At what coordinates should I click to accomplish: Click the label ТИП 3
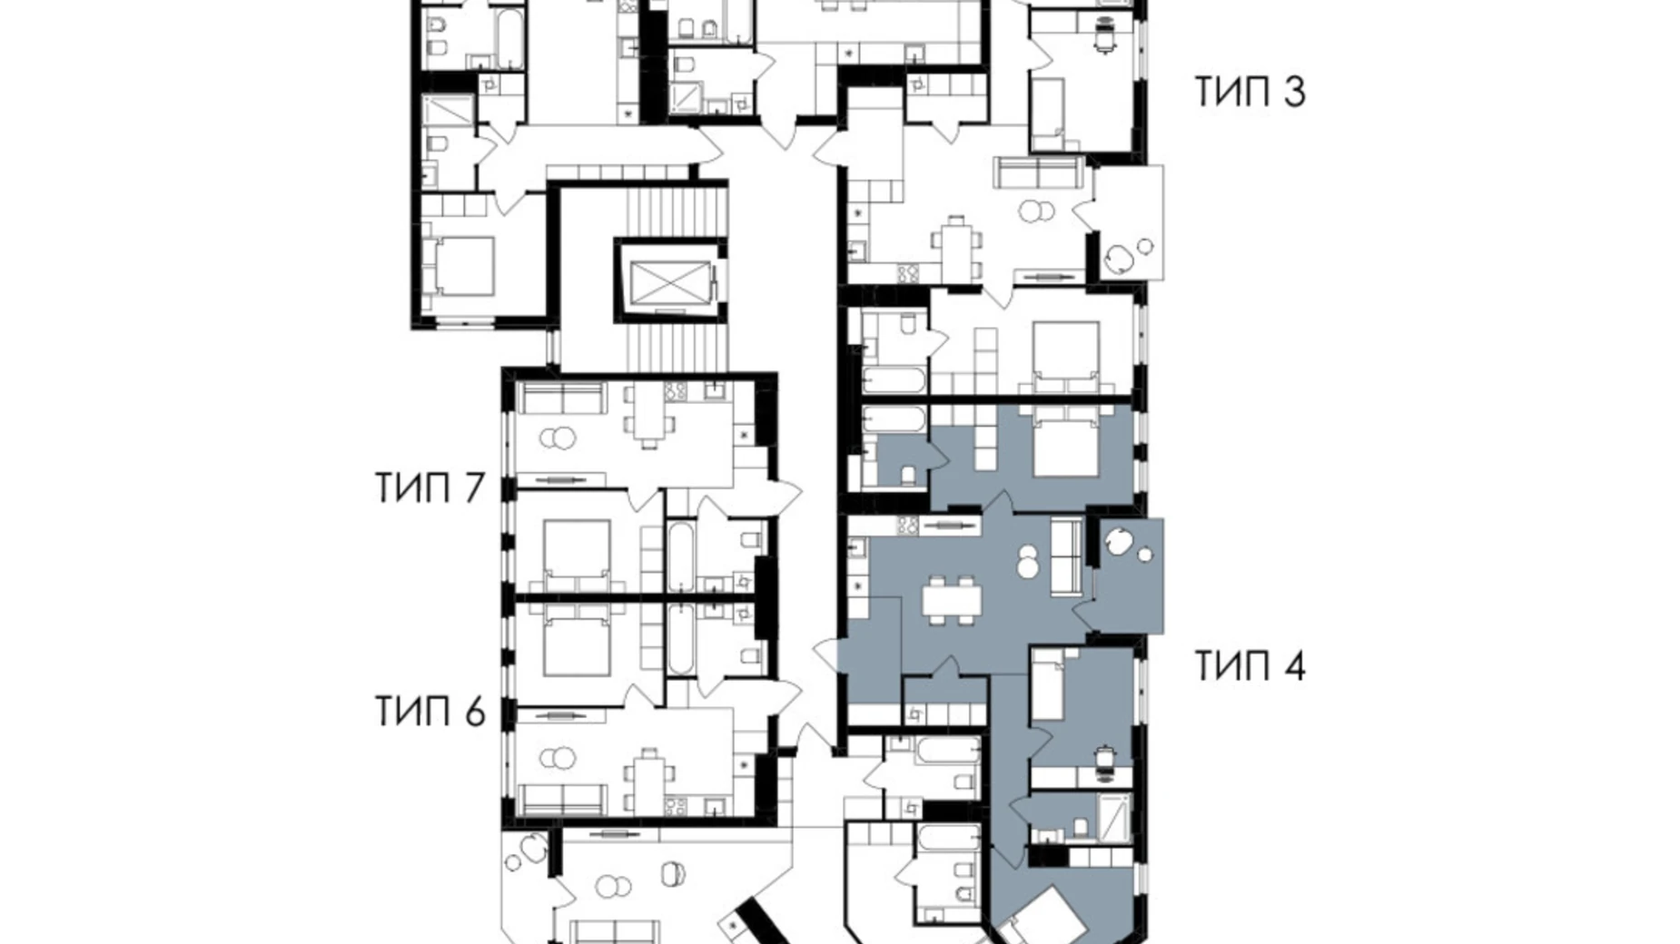pyautogui.click(x=1250, y=92)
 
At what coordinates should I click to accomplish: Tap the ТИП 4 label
pyautogui.click(x=1250, y=666)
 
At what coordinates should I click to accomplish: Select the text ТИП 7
pyautogui.click(x=430, y=488)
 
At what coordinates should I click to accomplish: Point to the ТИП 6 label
pyautogui.click(x=430, y=712)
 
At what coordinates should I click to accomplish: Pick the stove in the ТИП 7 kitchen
pyautogui.click(x=677, y=392)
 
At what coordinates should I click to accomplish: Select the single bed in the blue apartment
pyautogui.click(x=1048, y=690)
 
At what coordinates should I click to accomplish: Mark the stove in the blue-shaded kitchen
pyautogui.click(x=907, y=524)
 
